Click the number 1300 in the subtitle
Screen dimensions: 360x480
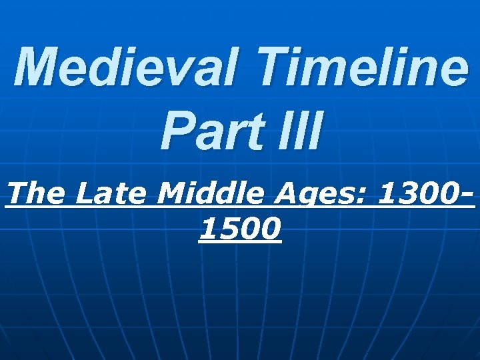pyautogui.click(x=417, y=194)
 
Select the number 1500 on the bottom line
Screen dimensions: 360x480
pyautogui.click(x=240, y=229)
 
